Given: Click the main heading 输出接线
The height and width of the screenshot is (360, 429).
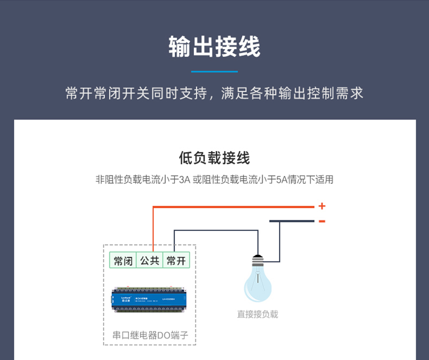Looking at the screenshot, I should (x=214, y=47).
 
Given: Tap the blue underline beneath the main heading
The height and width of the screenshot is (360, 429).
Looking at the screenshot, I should (x=214, y=72).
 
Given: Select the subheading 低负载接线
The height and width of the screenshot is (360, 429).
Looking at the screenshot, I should (x=214, y=158).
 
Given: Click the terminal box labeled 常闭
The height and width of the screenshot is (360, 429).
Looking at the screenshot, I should (x=123, y=261).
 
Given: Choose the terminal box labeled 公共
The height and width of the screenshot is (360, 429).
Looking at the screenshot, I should (x=150, y=261).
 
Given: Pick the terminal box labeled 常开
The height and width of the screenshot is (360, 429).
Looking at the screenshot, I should (x=176, y=261).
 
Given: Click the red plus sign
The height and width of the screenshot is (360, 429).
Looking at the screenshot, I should (x=322, y=206).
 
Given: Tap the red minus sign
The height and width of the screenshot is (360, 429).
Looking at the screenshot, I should (x=322, y=221).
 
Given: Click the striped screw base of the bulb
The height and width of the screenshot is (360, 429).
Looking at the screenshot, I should (x=257, y=260).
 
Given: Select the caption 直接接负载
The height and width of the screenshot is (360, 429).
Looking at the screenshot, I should (x=257, y=314).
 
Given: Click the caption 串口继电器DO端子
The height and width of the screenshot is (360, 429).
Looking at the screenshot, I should (x=150, y=335).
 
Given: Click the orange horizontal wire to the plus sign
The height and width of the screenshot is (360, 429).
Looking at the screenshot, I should (x=238, y=207).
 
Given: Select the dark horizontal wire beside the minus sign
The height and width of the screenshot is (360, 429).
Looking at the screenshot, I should (x=292, y=221).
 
